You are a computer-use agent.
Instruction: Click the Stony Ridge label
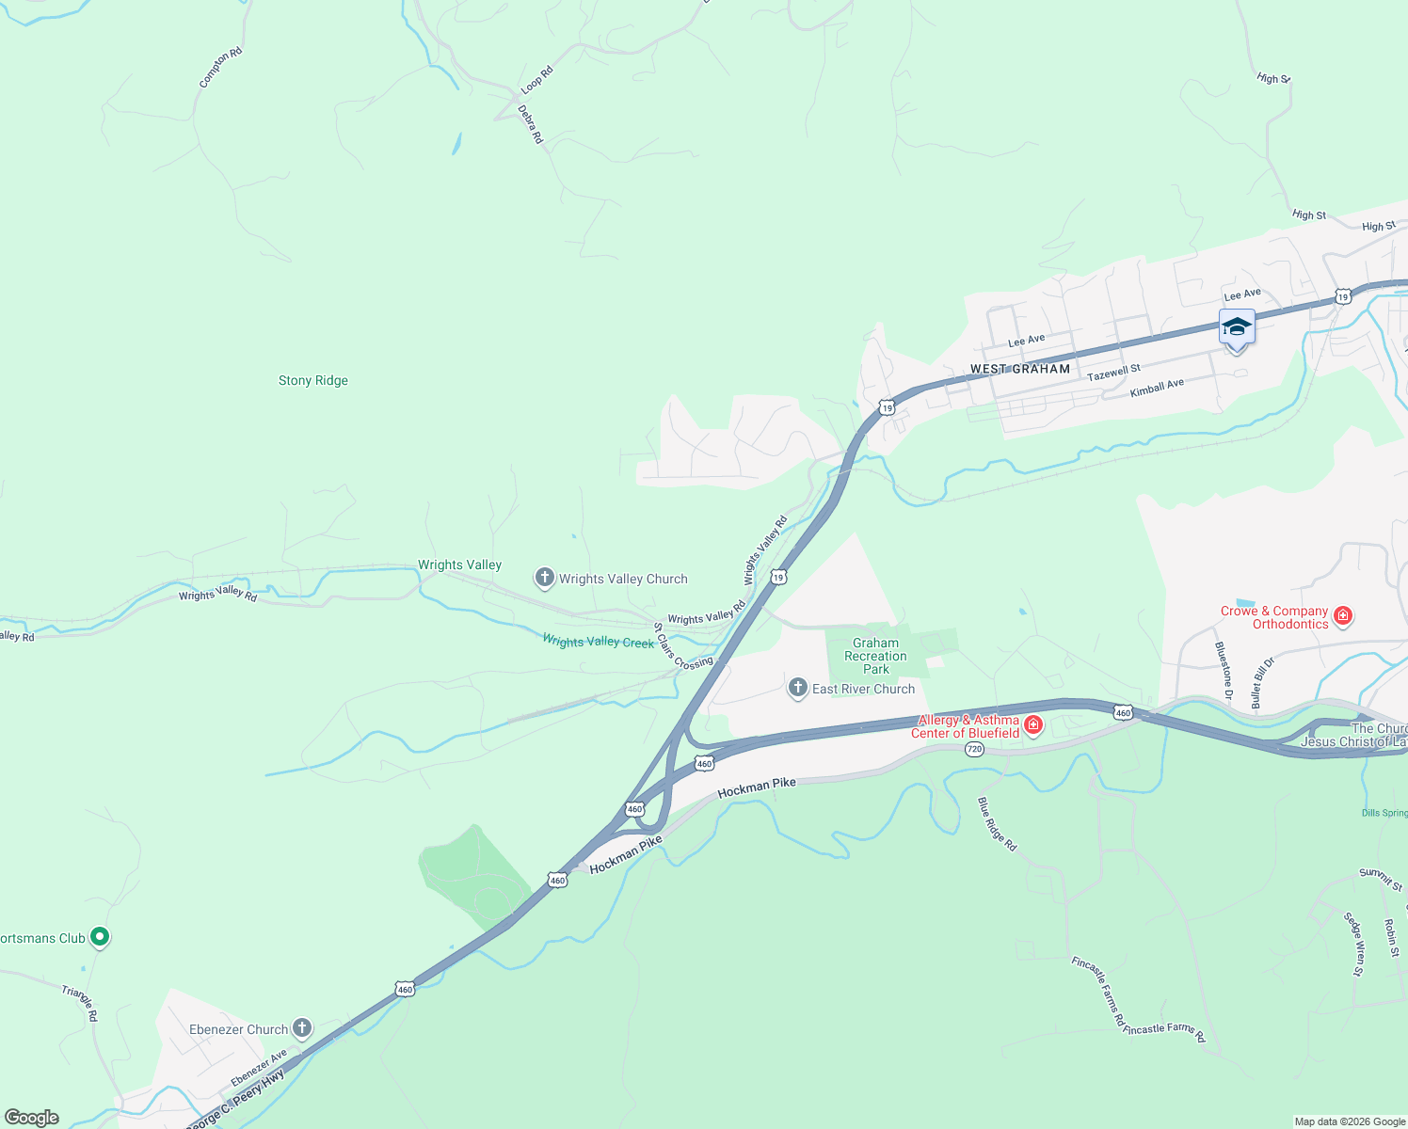click(x=313, y=381)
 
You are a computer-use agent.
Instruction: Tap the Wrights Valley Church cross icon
click(x=544, y=578)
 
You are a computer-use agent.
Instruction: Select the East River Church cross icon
click(x=798, y=688)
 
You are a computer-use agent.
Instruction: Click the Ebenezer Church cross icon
click(x=302, y=1027)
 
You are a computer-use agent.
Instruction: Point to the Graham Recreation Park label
click(x=875, y=656)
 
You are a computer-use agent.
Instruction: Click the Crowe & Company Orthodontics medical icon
click(x=1343, y=616)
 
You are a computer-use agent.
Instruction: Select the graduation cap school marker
click(x=1237, y=328)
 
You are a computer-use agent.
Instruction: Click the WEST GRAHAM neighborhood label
click(x=1020, y=370)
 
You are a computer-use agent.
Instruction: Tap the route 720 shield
click(x=974, y=749)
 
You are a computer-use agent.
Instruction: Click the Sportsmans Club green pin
click(x=100, y=937)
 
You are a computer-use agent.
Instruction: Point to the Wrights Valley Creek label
click(x=599, y=642)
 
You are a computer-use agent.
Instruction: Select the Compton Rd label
click(x=220, y=69)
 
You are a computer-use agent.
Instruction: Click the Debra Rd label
click(x=531, y=124)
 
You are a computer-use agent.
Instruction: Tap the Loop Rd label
click(x=537, y=79)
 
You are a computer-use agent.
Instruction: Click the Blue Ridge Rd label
click(x=997, y=824)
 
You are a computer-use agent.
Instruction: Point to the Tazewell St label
click(x=1113, y=373)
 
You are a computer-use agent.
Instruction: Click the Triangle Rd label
click(x=80, y=1003)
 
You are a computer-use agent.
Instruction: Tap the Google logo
click(x=32, y=1118)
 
